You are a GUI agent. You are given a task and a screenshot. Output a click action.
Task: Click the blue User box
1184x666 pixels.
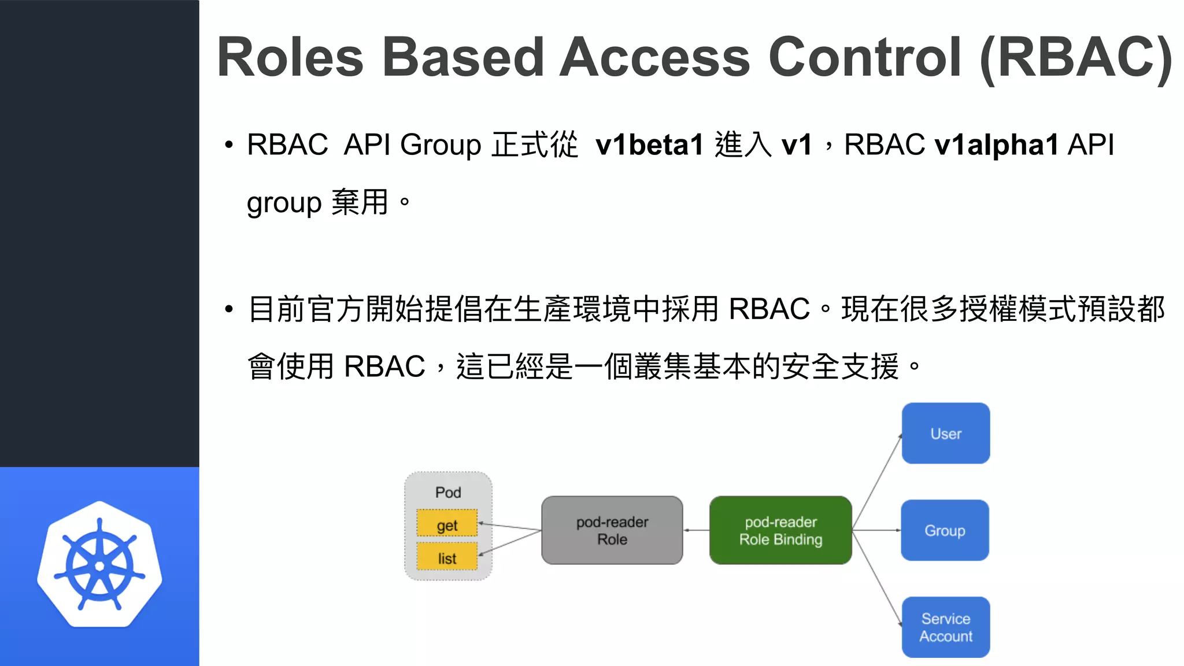(945, 434)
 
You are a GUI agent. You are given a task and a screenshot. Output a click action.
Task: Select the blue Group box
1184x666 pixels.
(945, 530)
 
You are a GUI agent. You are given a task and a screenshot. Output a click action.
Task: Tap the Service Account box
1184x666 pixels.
(945, 627)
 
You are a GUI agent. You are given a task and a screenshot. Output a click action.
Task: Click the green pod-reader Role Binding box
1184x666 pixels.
(780, 530)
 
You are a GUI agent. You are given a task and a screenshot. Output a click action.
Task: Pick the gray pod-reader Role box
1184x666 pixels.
(612, 530)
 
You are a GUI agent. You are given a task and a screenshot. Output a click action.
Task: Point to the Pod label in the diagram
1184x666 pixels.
(448, 493)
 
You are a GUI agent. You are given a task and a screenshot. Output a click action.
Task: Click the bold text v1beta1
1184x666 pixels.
(649, 145)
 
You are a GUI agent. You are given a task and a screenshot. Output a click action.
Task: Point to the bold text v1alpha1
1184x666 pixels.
(996, 145)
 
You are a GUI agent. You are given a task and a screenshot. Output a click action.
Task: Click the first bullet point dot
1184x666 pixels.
(229, 145)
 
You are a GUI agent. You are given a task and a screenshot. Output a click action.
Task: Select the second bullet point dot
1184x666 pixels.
(229, 309)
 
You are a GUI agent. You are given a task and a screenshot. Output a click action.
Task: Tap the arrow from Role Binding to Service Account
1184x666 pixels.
(877, 578)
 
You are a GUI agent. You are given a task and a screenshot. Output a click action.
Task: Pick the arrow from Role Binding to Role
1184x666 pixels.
(696, 530)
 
